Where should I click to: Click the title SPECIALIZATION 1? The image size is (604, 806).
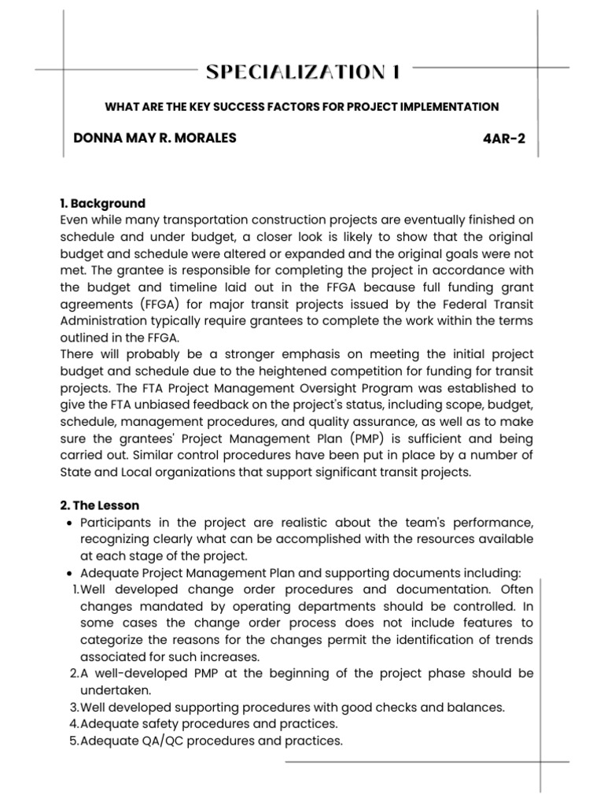click(x=303, y=72)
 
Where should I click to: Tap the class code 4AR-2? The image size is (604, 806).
click(x=503, y=140)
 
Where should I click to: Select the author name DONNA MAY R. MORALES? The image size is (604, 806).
click(x=154, y=139)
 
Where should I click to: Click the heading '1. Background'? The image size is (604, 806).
click(x=103, y=203)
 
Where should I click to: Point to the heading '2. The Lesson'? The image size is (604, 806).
click(x=104, y=505)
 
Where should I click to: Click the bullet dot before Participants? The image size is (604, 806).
click(x=72, y=524)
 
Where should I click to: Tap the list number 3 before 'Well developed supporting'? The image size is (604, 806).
click(x=73, y=707)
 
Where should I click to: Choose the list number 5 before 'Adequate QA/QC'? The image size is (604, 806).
click(x=73, y=741)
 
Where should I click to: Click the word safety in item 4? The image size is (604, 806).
click(x=156, y=723)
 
